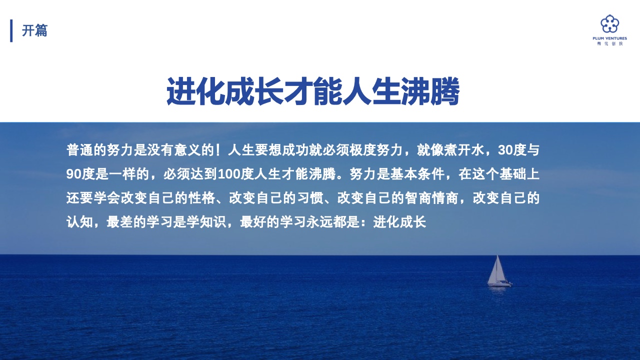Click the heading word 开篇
point(34,30)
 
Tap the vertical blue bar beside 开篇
point(11,30)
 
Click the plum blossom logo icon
point(609,24)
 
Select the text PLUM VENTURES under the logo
point(609,38)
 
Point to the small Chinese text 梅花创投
point(609,43)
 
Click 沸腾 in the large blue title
point(430,91)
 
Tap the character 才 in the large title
point(298,91)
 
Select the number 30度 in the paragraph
point(511,150)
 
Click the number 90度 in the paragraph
point(80,174)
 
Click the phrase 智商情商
point(431,198)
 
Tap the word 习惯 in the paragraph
point(310,198)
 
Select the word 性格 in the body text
point(201,198)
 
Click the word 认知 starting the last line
point(79,222)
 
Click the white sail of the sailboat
point(496,270)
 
